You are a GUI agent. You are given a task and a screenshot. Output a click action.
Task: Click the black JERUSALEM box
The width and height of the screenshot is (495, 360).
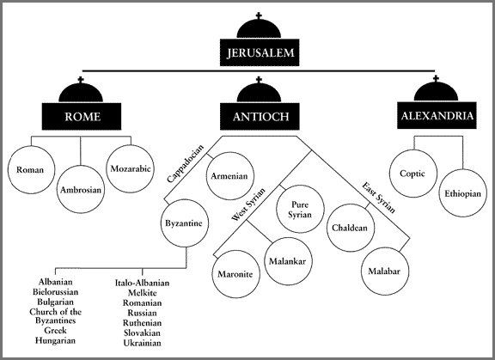click(x=260, y=52)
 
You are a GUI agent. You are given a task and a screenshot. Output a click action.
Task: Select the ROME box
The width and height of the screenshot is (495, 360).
click(x=82, y=117)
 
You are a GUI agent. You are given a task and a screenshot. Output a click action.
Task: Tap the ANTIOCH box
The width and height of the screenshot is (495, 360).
click(x=260, y=117)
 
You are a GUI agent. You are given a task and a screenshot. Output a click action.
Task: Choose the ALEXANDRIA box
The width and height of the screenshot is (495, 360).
click(x=437, y=115)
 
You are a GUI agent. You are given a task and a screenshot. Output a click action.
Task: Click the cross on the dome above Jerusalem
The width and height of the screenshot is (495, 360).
click(x=259, y=15)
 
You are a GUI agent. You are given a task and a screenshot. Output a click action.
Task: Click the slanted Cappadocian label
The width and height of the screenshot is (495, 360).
click(x=186, y=163)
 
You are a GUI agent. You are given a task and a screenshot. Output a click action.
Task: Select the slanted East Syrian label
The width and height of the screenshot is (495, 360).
click(x=378, y=198)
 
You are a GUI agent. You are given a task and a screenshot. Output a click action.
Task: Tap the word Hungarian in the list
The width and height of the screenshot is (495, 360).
click(x=55, y=341)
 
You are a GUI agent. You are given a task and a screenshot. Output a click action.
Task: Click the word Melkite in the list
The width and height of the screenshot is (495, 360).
click(x=142, y=293)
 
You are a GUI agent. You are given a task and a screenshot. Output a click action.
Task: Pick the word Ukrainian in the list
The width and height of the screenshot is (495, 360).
click(x=142, y=343)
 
